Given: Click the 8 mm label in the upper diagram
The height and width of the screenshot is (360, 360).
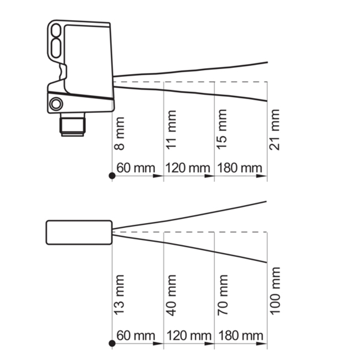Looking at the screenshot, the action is click(x=119, y=134).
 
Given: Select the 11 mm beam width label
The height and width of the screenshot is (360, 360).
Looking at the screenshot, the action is click(x=171, y=130).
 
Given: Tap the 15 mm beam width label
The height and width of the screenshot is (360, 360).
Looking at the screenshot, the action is click(x=222, y=130).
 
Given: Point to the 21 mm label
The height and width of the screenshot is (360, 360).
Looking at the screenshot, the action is click(x=274, y=130).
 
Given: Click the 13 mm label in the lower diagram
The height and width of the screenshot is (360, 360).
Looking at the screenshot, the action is click(x=119, y=295).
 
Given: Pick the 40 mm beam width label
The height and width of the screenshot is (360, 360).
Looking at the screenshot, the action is click(x=171, y=295).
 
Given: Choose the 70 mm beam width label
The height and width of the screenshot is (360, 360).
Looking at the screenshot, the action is click(x=222, y=295).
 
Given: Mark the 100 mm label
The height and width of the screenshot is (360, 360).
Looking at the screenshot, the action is click(x=275, y=291).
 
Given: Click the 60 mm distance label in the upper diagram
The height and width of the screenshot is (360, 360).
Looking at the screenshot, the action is click(x=136, y=168).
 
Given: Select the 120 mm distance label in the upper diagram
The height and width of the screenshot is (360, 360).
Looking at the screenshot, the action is click(x=188, y=168).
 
